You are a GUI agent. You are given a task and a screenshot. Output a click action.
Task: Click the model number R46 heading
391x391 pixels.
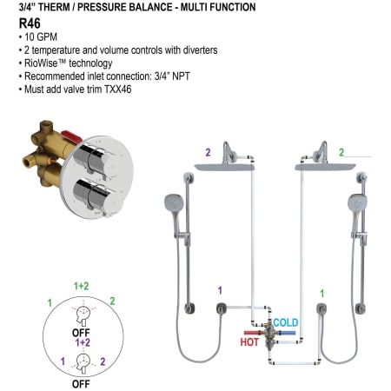(30, 23)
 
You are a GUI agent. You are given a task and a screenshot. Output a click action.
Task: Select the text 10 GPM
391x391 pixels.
(41, 37)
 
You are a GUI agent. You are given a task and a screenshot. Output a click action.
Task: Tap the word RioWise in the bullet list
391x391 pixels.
(41, 63)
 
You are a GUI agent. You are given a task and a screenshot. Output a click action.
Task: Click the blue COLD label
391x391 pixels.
(286, 322)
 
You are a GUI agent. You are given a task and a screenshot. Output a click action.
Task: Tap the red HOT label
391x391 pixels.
(249, 342)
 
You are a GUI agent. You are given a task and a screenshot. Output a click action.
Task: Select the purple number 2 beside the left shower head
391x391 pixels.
(208, 152)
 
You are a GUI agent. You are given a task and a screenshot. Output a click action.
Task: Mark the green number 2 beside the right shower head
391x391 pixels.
(341, 152)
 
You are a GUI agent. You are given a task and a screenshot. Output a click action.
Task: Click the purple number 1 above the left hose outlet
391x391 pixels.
(220, 290)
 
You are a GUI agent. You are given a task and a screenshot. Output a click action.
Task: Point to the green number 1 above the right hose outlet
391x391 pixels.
(322, 294)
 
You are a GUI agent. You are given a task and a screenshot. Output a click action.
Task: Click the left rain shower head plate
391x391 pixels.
(224, 167)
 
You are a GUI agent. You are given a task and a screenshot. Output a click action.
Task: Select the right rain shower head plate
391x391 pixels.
(325, 167)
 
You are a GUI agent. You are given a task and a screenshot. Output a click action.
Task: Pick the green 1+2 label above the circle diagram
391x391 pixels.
(82, 286)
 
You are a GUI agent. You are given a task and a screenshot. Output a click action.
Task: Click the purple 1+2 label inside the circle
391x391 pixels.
(83, 342)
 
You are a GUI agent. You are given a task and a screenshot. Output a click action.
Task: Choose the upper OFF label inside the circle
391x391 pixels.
(81, 333)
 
